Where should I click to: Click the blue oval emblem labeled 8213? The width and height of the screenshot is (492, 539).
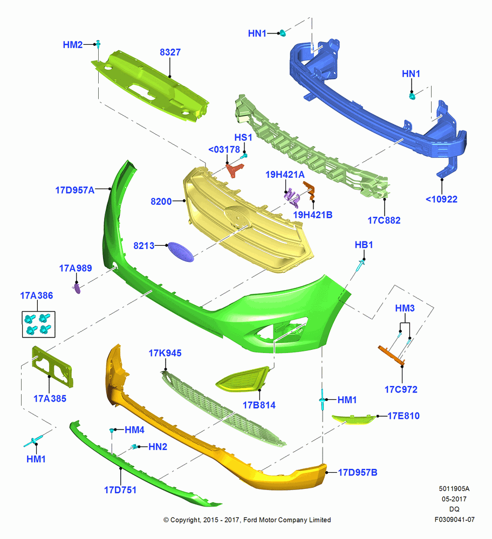point(181,252)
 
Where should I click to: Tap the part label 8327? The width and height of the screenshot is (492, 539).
point(170,52)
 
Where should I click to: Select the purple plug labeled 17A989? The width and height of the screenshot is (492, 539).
point(77,288)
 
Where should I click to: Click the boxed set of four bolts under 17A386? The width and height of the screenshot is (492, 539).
point(38,324)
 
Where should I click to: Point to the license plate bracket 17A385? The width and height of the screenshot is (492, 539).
point(52,367)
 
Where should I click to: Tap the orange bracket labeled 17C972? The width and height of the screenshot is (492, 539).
point(391,355)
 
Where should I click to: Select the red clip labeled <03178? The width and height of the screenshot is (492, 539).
point(235,170)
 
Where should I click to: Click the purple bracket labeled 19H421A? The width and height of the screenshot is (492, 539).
point(292,198)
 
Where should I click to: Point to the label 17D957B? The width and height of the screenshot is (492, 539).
point(358,472)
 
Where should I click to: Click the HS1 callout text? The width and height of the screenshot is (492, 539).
point(243,137)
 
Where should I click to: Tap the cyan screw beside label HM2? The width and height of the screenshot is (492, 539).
point(98,44)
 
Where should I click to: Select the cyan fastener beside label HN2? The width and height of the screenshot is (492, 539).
point(134,446)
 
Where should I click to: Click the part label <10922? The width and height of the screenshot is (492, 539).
point(441,199)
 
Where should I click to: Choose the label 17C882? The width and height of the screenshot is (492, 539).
point(384,220)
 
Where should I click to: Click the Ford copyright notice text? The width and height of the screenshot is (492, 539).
point(247,520)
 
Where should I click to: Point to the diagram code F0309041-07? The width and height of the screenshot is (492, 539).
point(454,520)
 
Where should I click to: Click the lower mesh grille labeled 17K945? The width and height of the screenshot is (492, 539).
point(224,408)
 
